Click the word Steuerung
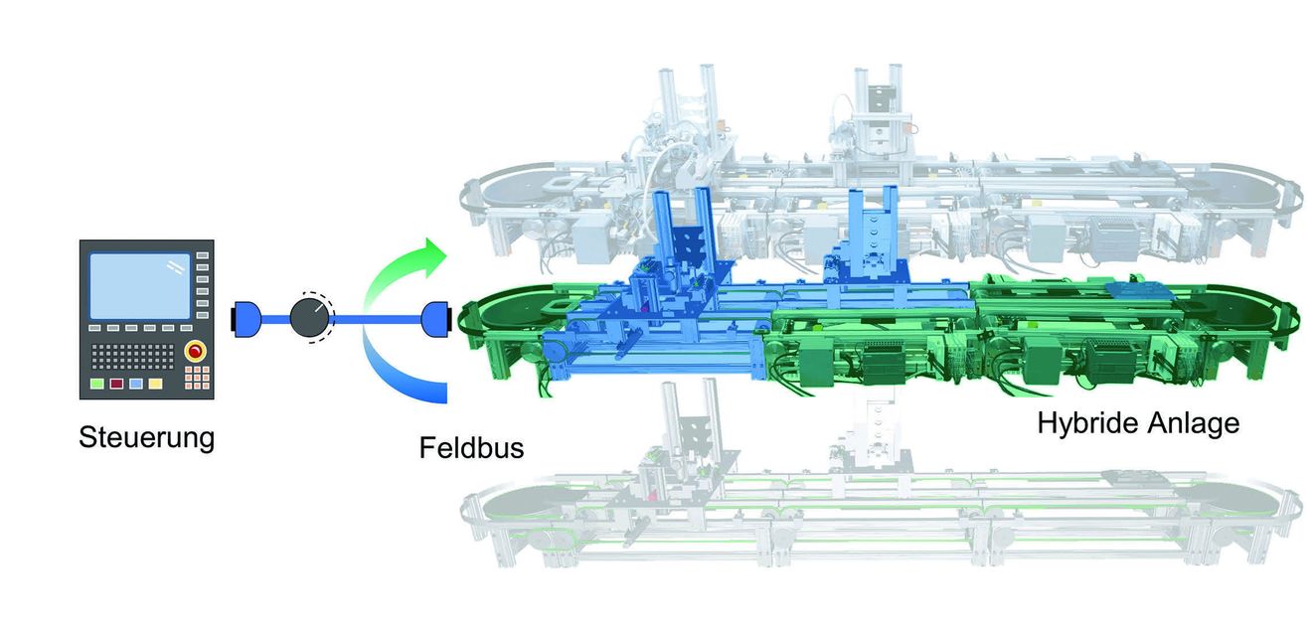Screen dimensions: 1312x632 click(146, 437)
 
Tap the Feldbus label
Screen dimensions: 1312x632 click(471, 448)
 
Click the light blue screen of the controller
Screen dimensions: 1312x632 click(140, 286)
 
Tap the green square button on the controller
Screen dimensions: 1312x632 click(97, 384)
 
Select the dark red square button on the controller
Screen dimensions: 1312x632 click(116, 384)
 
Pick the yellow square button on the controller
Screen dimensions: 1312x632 click(155, 384)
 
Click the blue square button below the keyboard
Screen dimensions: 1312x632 click(136, 384)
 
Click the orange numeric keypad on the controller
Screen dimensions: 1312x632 click(198, 378)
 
